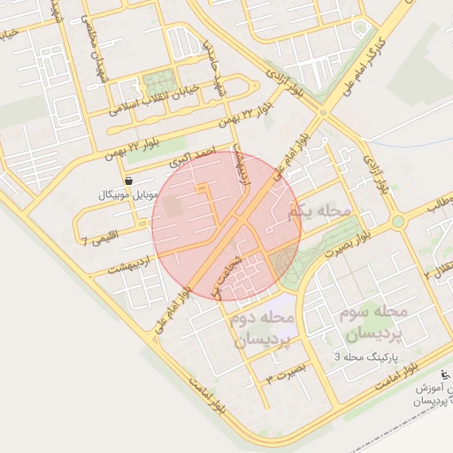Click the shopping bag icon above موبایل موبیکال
[130, 179]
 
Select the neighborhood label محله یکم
[319, 211]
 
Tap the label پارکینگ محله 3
[363, 357]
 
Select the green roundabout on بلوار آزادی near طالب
[397, 220]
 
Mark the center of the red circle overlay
[226, 226]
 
